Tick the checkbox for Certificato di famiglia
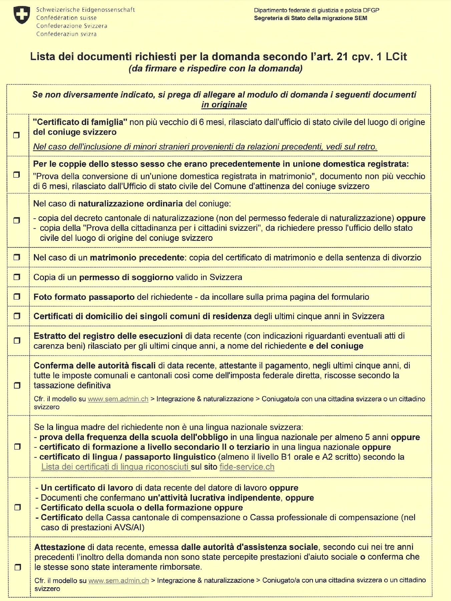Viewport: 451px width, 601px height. pos(16,135)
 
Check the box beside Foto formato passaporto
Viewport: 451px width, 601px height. pos(17,296)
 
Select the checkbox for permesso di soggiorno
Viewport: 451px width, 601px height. pos(17,277)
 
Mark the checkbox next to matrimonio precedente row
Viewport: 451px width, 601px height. pos(17,257)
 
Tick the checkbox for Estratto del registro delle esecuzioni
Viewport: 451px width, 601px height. pos(17,341)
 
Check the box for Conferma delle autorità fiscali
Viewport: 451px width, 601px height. pos(17,385)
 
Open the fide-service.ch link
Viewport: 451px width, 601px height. pos(247,467)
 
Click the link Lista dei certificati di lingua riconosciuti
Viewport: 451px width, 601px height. pos(115,467)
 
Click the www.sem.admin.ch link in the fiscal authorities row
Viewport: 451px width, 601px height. pos(118,399)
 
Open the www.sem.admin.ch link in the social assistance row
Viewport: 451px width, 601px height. pos(118,581)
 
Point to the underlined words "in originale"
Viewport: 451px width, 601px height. pos(224,105)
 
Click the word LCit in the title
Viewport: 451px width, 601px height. pos(396,56)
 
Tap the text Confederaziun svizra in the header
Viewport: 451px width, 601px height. pos(66,34)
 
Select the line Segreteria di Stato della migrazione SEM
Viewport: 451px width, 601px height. pos(310,18)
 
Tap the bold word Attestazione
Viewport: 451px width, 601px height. pos(60,547)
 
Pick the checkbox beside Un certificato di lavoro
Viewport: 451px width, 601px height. pos(17,507)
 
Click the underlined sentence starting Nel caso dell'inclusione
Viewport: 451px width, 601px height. pos(205,147)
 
